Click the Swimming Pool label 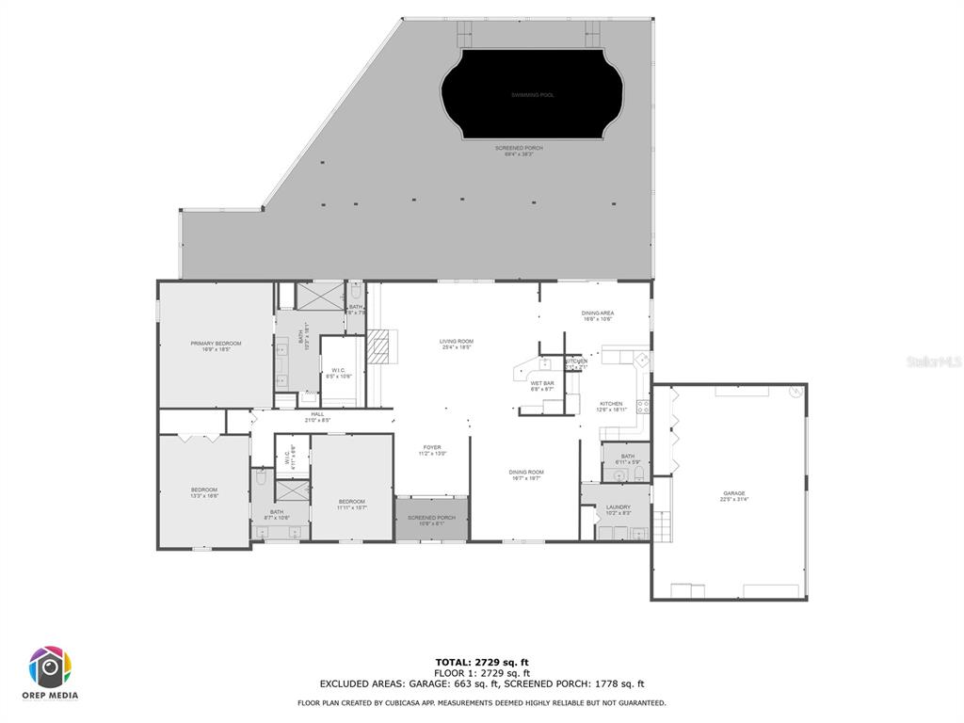click(532, 95)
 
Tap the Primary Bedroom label click(216, 344)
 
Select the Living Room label click(456, 341)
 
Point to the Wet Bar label click(541, 383)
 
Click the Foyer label click(431, 447)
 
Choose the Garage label click(734, 493)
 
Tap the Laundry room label click(618, 507)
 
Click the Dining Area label click(597, 313)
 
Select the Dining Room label click(526, 472)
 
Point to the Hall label click(317, 414)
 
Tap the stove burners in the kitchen click(644, 407)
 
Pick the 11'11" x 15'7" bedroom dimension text click(351, 507)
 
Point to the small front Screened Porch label click(431, 518)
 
